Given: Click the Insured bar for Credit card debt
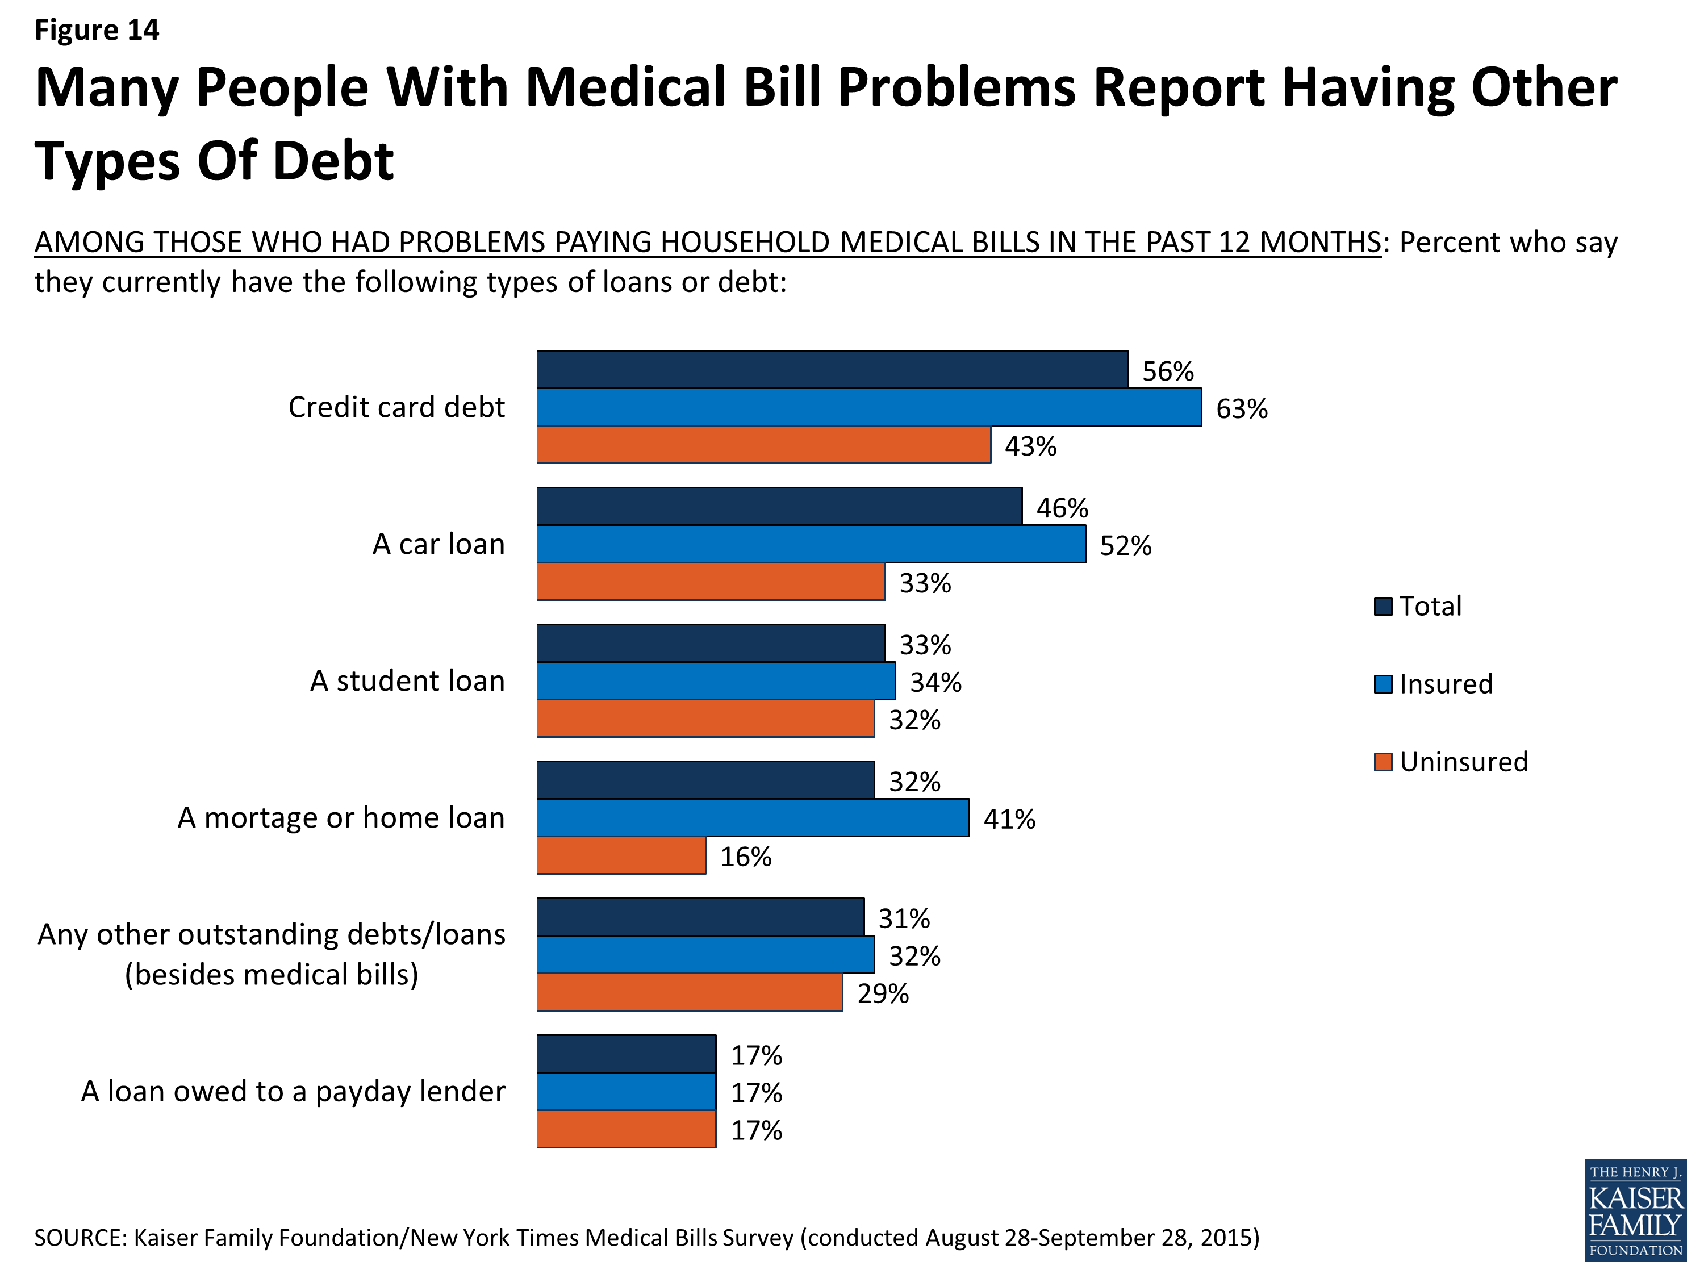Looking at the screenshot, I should pyautogui.click(x=869, y=407).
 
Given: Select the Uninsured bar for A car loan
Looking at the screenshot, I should pyautogui.click(x=710, y=582).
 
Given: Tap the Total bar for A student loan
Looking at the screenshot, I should pyautogui.click(x=710, y=643).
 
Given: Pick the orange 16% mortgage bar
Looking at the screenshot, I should pyautogui.click(x=621, y=855).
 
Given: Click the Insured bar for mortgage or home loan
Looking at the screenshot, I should pyautogui.click(x=753, y=817).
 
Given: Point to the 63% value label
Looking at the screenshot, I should pyautogui.click(x=1241, y=408).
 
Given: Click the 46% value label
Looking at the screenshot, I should pyautogui.click(x=1062, y=508).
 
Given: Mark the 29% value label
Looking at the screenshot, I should pyautogui.click(x=883, y=994).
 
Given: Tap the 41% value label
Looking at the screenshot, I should pyautogui.click(x=1009, y=819).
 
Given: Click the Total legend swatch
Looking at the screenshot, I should pyautogui.click(x=1383, y=606).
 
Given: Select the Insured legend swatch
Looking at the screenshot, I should pyautogui.click(x=1383, y=684).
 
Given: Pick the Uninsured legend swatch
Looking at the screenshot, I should pyautogui.click(x=1383, y=762).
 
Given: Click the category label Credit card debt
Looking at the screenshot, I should pyautogui.click(x=396, y=407).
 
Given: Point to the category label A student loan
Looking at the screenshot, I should pyautogui.click(x=407, y=681).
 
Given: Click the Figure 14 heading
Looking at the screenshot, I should pyautogui.click(x=97, y=30).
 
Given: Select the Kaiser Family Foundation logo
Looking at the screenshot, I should pyautogui.click(x=1635, y=1209).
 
